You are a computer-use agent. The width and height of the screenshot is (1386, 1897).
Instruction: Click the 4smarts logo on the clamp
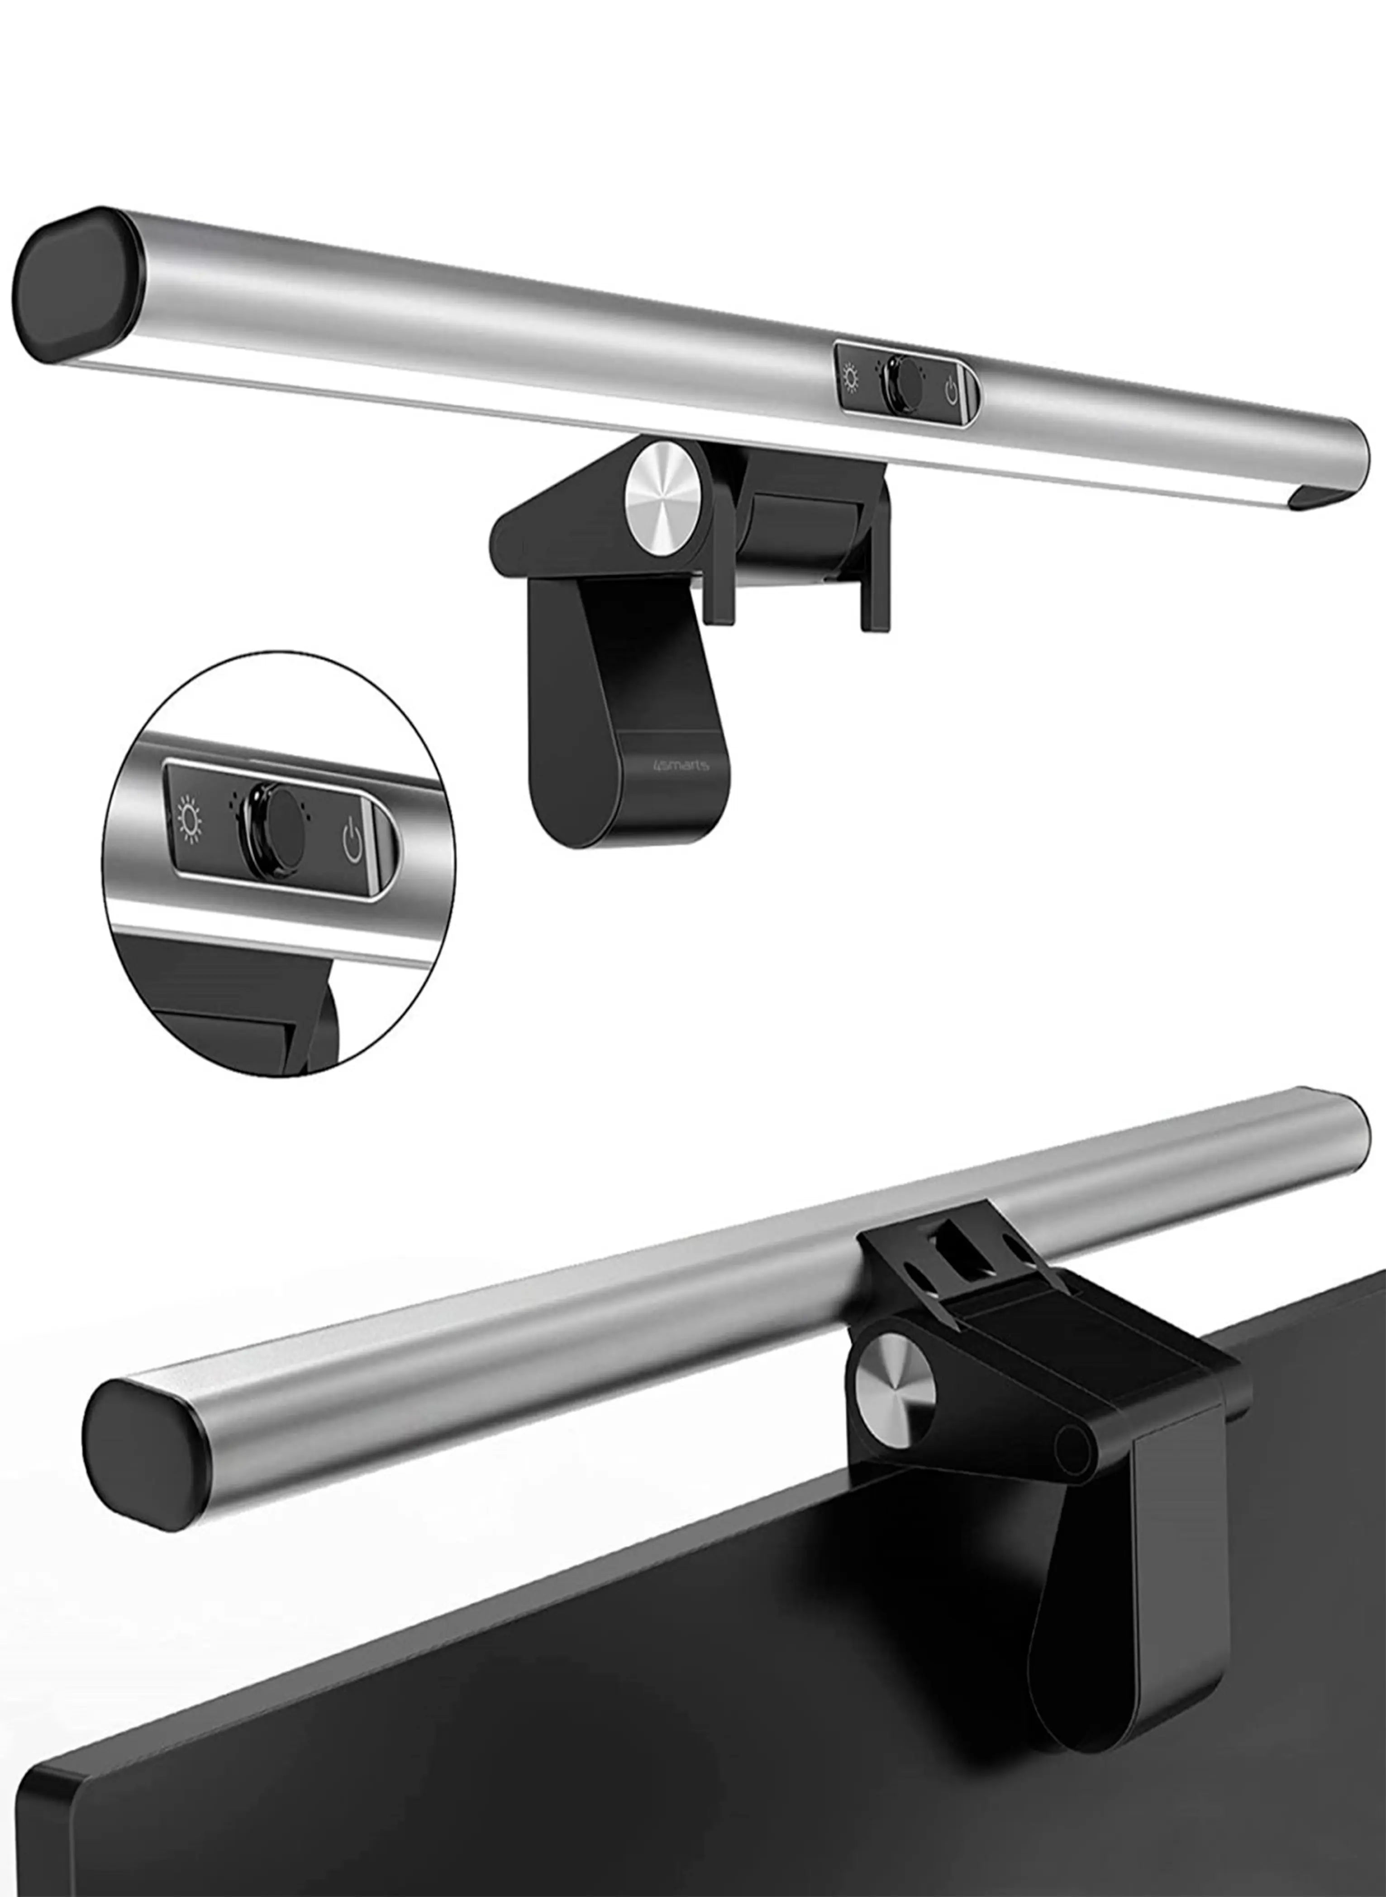680,765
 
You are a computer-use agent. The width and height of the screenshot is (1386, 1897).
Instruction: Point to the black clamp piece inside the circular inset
243,1016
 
